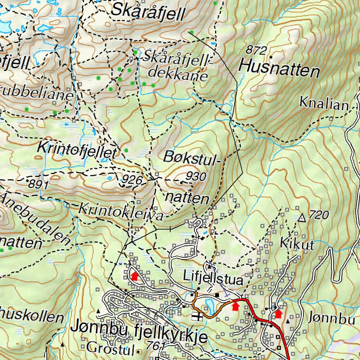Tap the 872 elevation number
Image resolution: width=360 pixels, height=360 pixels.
[x=256, y=50]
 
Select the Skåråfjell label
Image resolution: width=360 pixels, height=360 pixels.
[x=148, y=11]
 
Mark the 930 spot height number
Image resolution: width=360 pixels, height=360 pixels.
[x=196, y=176]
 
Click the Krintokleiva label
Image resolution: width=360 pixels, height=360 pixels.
[x=121, y=211]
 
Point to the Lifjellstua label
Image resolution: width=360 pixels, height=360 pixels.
[x=213, y=279]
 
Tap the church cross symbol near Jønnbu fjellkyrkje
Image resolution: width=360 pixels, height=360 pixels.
[x=197, y=317]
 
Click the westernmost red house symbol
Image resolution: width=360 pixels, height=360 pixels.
[x=134, y=276]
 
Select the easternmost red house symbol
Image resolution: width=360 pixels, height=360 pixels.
[x=278, y=314]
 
